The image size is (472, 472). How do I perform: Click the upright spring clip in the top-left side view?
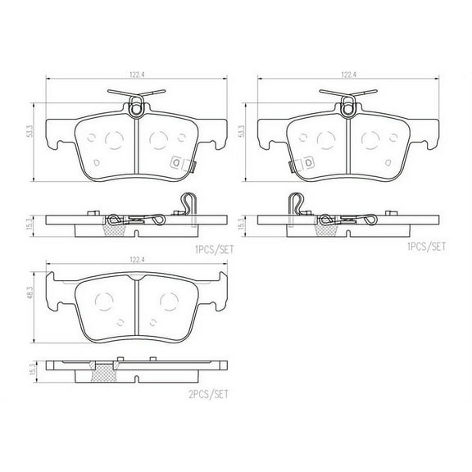[187, 202]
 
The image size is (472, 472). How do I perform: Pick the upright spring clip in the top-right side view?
[296, 202]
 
